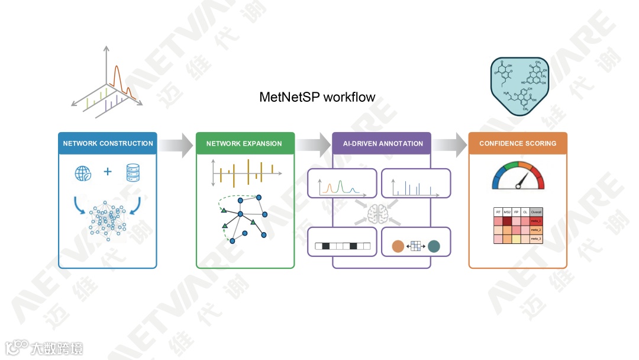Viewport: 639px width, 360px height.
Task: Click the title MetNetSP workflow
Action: tap(317, 97)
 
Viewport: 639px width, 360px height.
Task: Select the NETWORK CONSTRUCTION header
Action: tap(108, 143)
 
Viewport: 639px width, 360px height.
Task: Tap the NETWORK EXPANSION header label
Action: tap(244, 143)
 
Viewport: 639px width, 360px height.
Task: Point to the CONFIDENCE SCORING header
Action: tap(518, 143)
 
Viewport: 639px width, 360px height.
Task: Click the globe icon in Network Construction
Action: tap(83, 173)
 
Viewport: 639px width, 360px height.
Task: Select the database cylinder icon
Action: tap(134, 173)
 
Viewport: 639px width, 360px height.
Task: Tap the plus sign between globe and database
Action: tap(108, 172)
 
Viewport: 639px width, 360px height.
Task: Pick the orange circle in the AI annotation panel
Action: tap(398, 246)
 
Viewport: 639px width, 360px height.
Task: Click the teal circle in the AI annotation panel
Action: tap(434, 246)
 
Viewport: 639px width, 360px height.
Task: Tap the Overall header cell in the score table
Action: tap(536, 212)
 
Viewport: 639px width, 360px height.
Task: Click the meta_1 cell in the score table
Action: tap(536, 221)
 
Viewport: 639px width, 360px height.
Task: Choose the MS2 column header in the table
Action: tap(507, 212)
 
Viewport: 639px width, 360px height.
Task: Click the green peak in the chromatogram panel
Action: tap(341, 188)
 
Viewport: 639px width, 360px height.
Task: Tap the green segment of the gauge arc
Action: tap(509, 166)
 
